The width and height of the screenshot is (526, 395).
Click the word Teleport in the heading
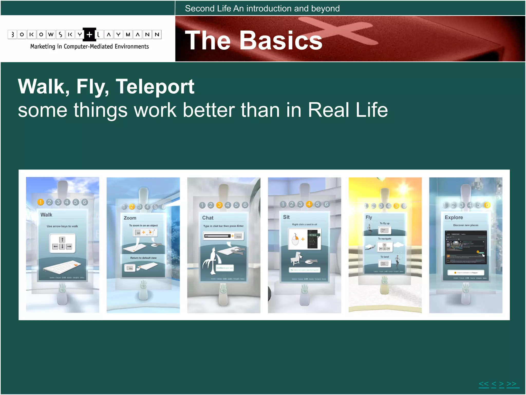(155, 87)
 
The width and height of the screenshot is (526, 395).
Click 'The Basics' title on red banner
(253, 40)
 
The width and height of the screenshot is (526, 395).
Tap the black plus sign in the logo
(89, 34)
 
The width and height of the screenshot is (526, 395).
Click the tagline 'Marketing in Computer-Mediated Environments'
(89, 47)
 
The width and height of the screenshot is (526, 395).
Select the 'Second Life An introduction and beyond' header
(262, 8)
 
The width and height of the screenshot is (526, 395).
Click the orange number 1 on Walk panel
(41, 202)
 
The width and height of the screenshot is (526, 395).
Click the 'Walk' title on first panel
(46, 215)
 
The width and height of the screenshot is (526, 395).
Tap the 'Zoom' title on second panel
(130, 218)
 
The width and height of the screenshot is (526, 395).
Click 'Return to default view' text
(143, 258)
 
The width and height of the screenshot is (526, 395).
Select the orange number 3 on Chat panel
(219, 205)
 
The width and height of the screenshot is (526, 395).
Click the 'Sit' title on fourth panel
(286, 217)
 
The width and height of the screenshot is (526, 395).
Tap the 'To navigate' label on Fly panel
(384, 239)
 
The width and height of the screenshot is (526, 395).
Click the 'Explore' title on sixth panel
(454, 218)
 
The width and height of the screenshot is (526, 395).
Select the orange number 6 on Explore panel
(487, 205)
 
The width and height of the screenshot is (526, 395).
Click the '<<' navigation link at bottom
(484, 384)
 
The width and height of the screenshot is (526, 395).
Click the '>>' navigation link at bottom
(512, 384)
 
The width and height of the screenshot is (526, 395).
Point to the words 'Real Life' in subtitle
(348, 110)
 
